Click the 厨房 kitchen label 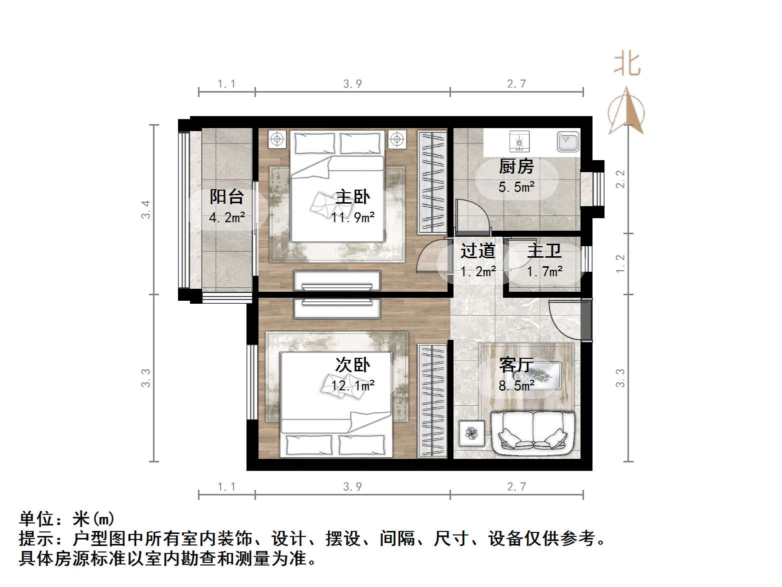click(516, 166)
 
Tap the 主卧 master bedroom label click(352, 197)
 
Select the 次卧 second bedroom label click(352, 365)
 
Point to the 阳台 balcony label click(226, 197)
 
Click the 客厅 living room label click(516, 365)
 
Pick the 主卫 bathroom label click(544, 251)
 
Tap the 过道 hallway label click(477, 251)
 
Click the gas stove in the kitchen click(519, 142)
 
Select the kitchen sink click(568, 142)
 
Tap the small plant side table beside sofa click(471, 433)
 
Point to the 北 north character click(627, 64)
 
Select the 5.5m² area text click(516, 187)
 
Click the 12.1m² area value click(352, 385)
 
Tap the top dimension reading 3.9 click(352, 84)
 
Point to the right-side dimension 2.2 click(620, 179)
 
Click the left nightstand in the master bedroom click(277, 139)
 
